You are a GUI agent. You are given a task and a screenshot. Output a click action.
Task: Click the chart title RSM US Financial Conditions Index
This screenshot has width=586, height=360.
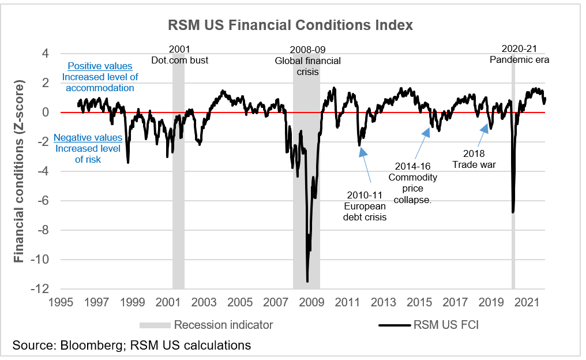point(290,25)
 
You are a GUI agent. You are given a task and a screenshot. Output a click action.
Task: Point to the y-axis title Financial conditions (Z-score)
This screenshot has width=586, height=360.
point(19,171)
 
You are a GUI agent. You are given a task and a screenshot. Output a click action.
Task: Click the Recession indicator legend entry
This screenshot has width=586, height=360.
point(223,325)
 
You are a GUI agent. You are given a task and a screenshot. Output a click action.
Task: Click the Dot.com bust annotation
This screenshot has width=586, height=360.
point(179,60)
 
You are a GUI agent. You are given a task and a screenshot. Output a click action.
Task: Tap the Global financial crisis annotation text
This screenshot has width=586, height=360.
point(307,66)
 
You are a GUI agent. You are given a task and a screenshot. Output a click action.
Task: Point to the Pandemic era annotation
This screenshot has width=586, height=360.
point(519,59)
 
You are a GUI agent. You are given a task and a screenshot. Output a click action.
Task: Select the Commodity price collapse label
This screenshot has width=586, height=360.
point(412,188)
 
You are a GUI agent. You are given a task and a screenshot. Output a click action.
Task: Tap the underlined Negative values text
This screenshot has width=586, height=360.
point(88,138)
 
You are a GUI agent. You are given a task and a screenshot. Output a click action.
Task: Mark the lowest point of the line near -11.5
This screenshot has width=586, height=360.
point(307,281)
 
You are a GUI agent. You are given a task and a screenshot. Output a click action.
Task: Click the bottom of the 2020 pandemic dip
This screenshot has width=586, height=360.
point(513,212)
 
